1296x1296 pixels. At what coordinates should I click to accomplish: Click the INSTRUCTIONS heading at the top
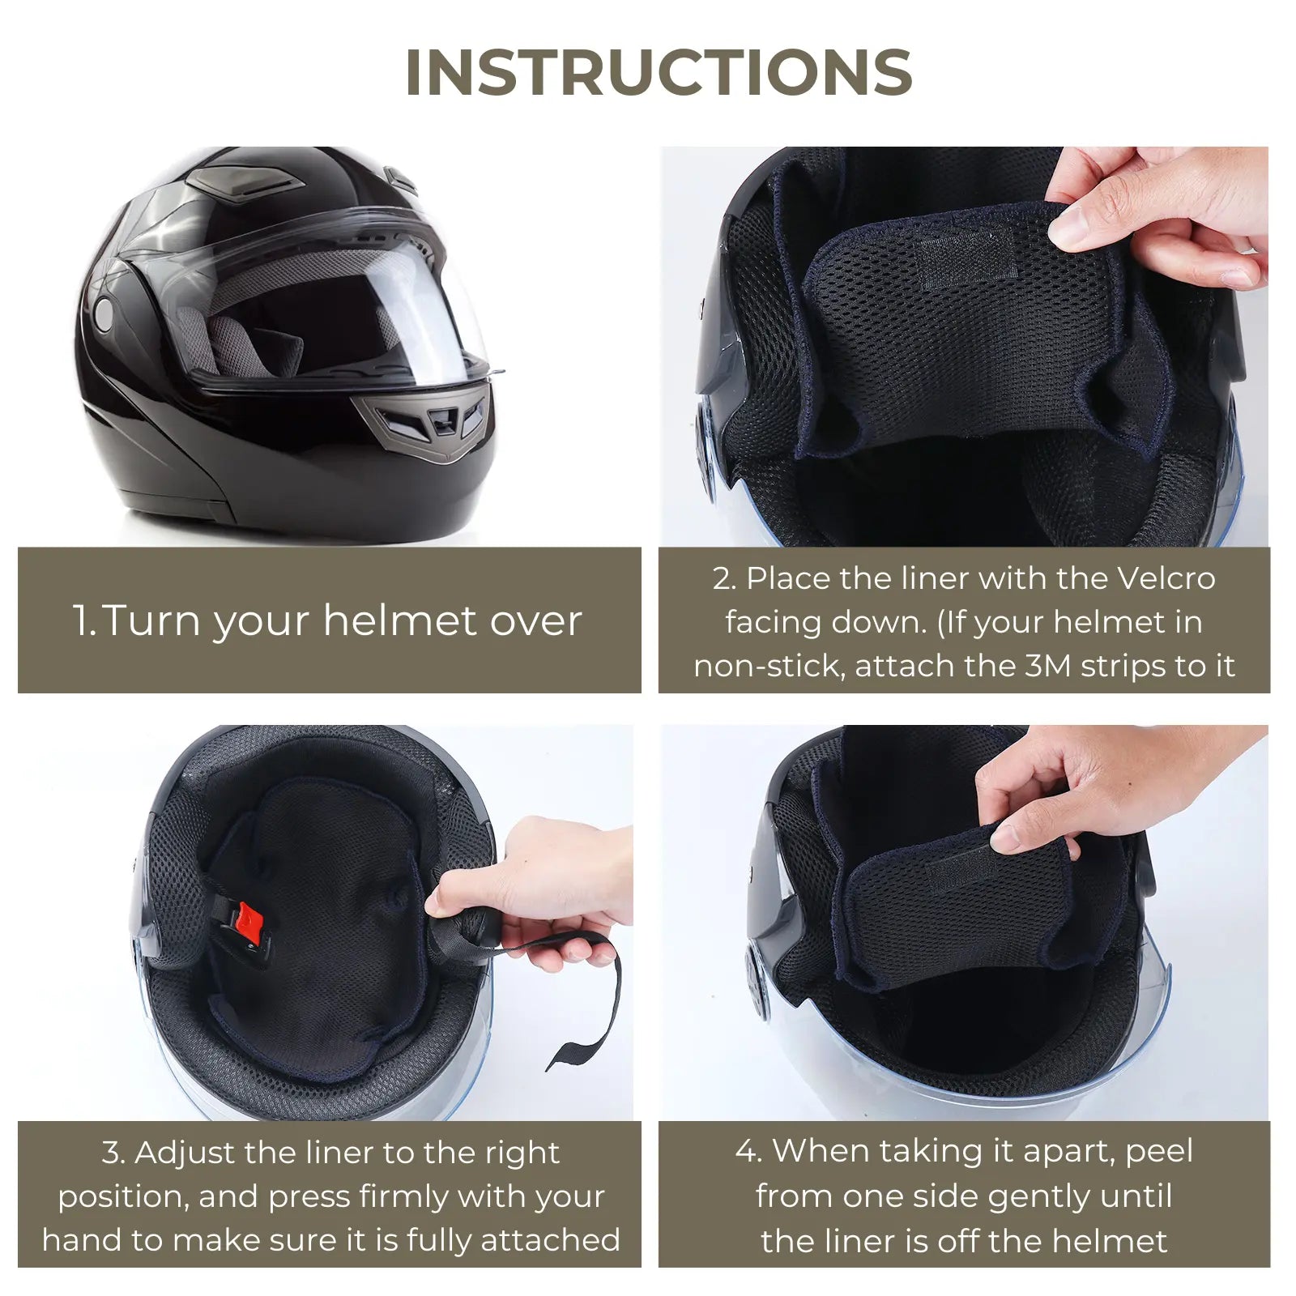click(x=659, y=73)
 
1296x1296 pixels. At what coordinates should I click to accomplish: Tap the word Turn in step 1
click(x=153, y=620)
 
